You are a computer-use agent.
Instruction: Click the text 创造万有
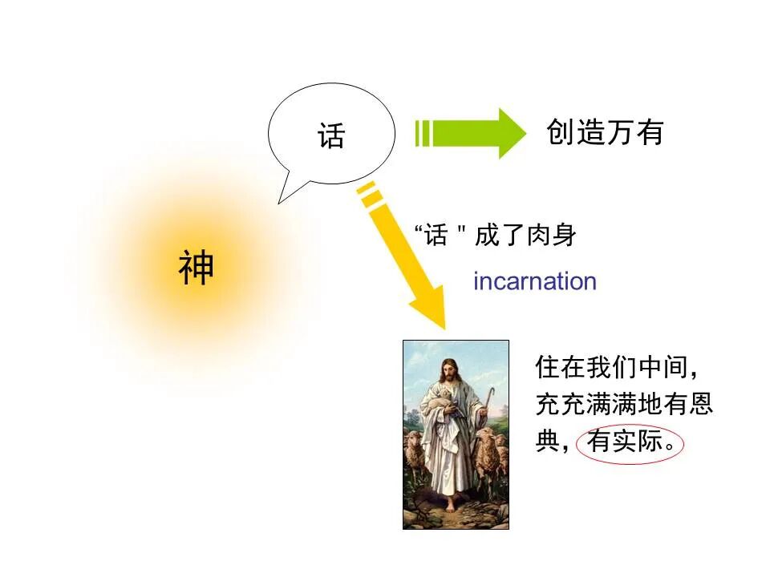[606, 132]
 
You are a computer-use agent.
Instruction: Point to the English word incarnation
[535, 281]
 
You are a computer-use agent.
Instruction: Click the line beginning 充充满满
[624, 405]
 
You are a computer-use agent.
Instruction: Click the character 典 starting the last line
[547, 442]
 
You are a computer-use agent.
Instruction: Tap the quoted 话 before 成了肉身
[436, 236]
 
